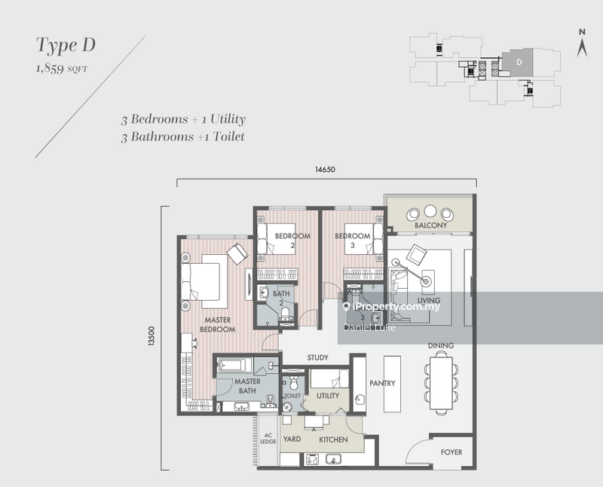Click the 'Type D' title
coord(66,45)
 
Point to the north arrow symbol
coord(581,45)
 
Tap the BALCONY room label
coord(430,225)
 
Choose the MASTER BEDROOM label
coord(219,324)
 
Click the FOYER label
coord(451,452)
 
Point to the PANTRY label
coord(383,383)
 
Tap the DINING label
coord(441,345)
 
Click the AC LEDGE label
coord(268,439)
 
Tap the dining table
coord(441,383)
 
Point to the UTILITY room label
coord(328,396)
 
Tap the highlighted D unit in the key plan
coord(518,64)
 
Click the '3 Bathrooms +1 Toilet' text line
coord(183,136)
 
